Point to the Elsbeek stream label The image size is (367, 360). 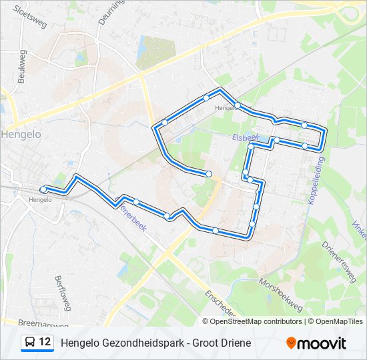tap(246, 137)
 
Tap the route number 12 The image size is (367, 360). tap(45, 343)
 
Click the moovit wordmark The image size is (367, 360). tap(322, 343)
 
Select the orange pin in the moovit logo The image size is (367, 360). tap(291, 343)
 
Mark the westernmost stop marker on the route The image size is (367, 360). tap(43, 189)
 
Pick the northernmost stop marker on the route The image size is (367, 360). tap(206, 97)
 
